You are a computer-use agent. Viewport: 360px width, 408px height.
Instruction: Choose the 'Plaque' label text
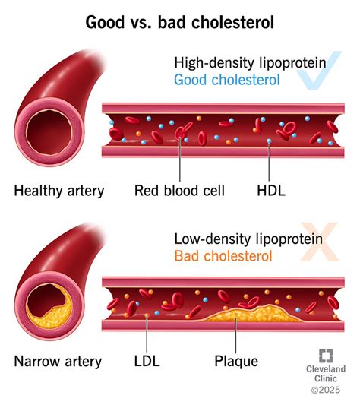coord(235,362)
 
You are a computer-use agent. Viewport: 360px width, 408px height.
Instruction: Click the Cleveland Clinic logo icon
coord(325,355)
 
